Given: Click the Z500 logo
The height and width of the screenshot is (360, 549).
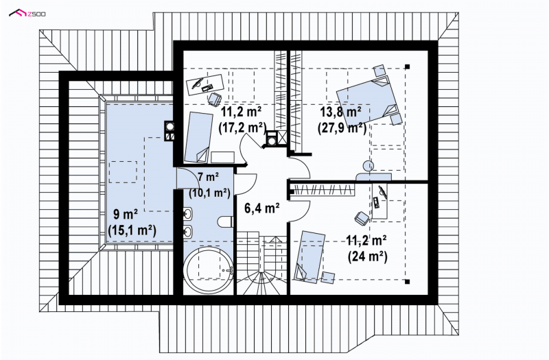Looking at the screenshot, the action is pyautogui.click(x=27, y=14).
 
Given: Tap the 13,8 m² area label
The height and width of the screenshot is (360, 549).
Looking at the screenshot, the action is pyautogui.click(x=341, y=112).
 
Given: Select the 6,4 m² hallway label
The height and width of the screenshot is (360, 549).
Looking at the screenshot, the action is pyautogui.click(x=261, y=208).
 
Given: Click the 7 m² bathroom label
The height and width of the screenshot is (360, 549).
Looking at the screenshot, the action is pyautogui.click(x=209, y=177).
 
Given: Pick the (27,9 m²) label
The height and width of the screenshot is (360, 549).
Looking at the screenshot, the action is pyautogui.click(x=342, y=128).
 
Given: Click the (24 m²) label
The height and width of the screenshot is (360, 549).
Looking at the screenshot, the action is pyautogui.click(x=367, y=256).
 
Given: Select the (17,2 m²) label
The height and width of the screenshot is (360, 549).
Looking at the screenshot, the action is pyautogui.click(x=242, y=128).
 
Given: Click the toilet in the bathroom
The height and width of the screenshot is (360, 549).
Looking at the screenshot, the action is pyautogui.click(x=226, y=221).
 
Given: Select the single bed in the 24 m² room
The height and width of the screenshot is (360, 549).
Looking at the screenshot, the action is pyautogui.click(x=310, y=256).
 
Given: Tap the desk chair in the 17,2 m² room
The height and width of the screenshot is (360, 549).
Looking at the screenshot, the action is pyautogui.click(x=214, y=98).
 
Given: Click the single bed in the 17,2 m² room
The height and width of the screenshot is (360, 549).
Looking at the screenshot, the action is pyautogui.click(x=198, y=138).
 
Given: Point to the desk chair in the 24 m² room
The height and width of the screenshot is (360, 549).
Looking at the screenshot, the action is pyautogui.click(x=362, y=217).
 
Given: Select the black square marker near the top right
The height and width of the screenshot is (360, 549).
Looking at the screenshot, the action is pyautogui.click(x=407, y=67).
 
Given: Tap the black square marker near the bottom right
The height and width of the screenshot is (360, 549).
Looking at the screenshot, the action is pyautogui.click(x=407, y=281).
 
